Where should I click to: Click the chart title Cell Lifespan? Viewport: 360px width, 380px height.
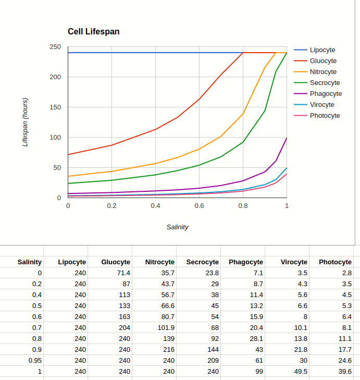[93, 32]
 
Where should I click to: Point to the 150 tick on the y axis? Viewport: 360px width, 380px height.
[55, 107]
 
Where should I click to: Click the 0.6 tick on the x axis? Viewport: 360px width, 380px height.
[199, 206]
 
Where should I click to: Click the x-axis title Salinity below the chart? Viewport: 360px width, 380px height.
[177, 227]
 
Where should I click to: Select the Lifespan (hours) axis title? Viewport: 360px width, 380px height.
[25, 122]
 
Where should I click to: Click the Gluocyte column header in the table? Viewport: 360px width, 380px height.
[116, 262]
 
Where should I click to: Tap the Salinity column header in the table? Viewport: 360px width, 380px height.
[29, 262]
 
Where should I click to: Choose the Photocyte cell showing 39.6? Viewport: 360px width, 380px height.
[344, 372]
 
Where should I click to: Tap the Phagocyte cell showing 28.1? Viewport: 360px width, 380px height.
[255, 339]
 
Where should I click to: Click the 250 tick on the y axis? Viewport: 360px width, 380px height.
[55, 47]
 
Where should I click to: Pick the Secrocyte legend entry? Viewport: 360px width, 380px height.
[325, 83]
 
